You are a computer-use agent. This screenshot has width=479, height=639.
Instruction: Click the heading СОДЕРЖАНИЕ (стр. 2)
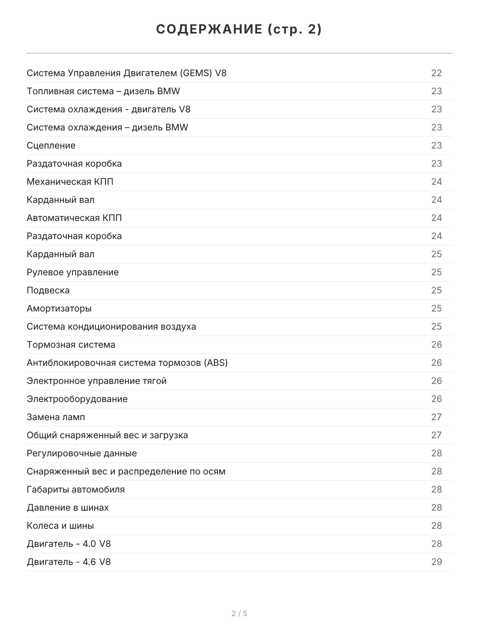pos(239,30)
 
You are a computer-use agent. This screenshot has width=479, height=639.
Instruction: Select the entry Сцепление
pos(51,145)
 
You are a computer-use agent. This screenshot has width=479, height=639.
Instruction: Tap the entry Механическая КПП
pos(70,182)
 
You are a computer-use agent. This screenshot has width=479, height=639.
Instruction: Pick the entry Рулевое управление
pos(72,272)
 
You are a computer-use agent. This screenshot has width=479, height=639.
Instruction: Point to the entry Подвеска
pos(48,290)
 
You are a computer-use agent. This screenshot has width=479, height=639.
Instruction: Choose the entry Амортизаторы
pos(59,308)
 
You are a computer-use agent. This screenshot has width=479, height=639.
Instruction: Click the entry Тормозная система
pos(71,345)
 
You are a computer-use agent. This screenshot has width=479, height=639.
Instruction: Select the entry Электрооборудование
pos(77,399)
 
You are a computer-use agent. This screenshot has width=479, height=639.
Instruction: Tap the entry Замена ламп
pos(55,417)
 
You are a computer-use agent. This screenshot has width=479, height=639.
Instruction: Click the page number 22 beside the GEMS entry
pos(436,73)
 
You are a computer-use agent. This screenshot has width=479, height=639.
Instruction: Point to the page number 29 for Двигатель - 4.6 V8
pos(436,562)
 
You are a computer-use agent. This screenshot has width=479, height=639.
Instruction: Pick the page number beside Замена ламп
pos(436,417)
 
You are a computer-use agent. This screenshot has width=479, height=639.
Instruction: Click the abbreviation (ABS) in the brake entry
pos(216,363)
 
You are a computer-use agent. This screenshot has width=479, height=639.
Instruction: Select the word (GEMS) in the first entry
pos(196,73)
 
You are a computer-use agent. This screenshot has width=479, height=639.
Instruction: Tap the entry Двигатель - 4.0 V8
pos(69,544)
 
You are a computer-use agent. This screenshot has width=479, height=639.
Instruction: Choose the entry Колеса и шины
pos(60,526)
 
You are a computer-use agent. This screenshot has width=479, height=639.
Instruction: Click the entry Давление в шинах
pos(68,507)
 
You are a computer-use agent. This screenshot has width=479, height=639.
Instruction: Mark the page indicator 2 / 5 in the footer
pos(240,613)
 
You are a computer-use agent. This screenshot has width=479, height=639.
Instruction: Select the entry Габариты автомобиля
pos(76,489)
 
